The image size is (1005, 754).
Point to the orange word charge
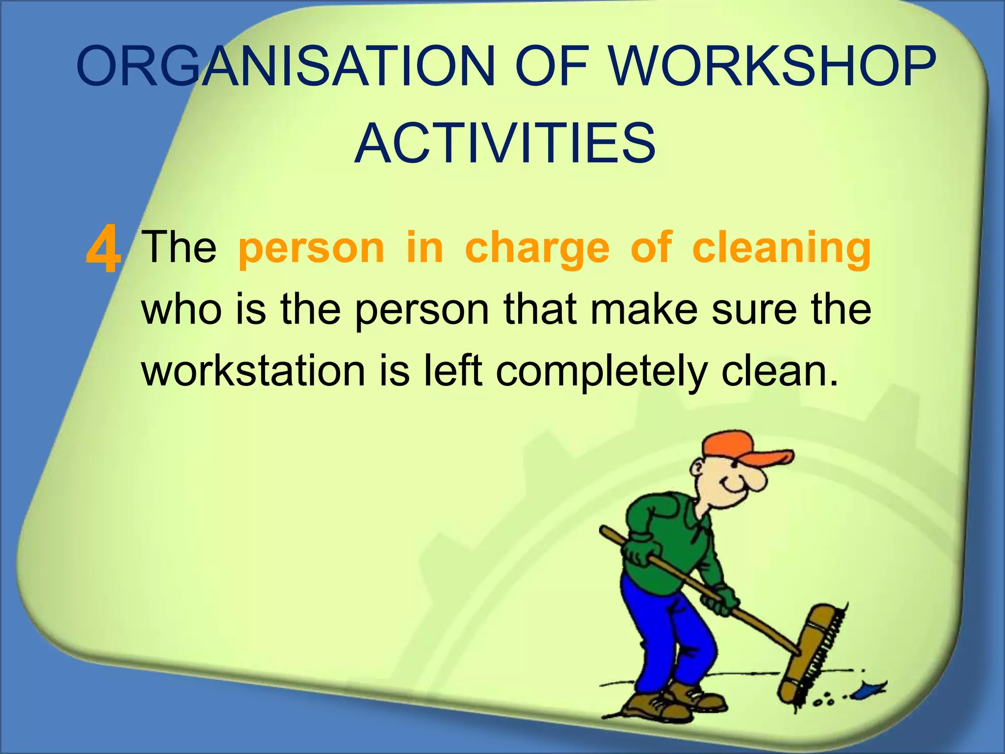[537, 248]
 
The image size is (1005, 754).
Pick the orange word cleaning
[781, 248]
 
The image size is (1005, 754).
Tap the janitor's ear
[697, 468]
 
